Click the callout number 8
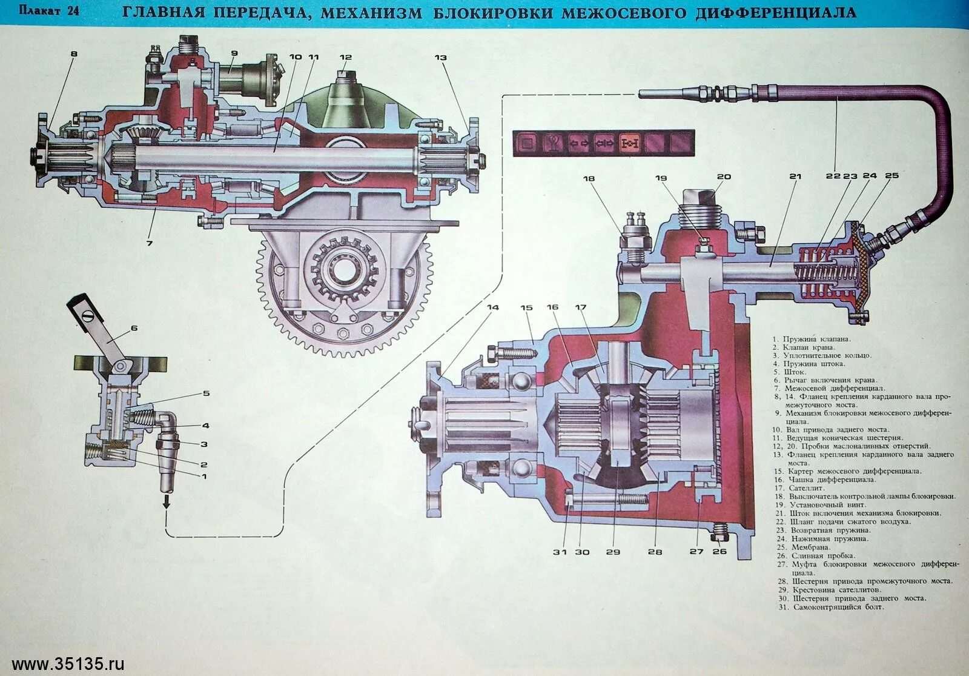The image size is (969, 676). click(x=74, y=54)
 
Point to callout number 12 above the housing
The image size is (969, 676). click(x=345, y=58)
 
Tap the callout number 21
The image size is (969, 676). click(x=795, y=177)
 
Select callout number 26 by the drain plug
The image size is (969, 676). click(x=719, y=551)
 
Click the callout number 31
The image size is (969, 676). click(x=564, y=551)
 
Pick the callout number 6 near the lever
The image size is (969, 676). click(x=134, y=328)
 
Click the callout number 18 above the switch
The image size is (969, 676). click(x=589, y=178)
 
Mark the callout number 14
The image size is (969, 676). click(x=493, y=307)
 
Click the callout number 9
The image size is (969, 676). click(x=234, y=53)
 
